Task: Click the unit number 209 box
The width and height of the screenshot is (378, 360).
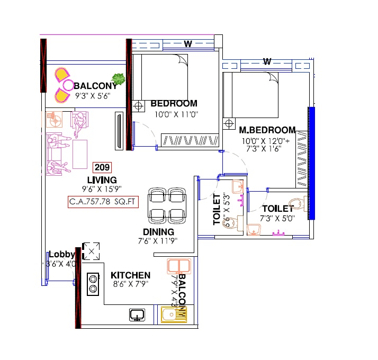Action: (x=102, y=168)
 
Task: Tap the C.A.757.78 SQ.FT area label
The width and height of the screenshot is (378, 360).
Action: (x=103, y=202)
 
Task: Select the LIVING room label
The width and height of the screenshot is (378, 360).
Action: (x=102, y=181)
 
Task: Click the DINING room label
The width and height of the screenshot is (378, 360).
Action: (x=158, y=232)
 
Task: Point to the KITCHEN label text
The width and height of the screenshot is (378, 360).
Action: (x=130, y=275)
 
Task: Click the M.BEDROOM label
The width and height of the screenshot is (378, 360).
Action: (x=267, y=130)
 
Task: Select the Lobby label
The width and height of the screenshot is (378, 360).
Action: (x=61, y=254)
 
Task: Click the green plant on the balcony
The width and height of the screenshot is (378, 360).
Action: (x=119, y=80)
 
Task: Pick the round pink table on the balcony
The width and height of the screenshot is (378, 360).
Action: (x=68, y=85)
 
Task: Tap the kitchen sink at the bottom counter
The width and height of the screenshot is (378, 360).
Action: (x=138, y=315)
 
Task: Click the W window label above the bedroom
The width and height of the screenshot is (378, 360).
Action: (x=187, y=44)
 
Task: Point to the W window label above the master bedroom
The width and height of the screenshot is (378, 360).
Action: (x=267, y=62)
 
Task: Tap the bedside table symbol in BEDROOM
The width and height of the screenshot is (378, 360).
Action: (x=139, y=106)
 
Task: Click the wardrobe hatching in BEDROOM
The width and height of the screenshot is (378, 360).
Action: (x=190, y=140)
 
